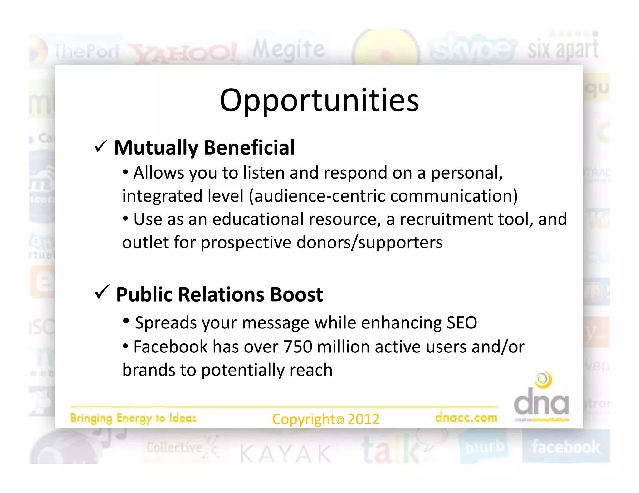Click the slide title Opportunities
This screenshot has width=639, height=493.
point(319,100)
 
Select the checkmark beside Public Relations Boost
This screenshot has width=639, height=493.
point(102,292)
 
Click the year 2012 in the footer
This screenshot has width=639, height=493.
point(363,419)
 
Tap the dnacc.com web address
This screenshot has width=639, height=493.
point(466,418)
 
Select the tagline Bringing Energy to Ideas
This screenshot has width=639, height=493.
point(133,418)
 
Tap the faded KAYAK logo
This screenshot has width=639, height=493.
point(285,454)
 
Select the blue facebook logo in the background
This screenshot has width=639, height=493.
point(566,447)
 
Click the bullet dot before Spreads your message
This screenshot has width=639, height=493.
point(126,321)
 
